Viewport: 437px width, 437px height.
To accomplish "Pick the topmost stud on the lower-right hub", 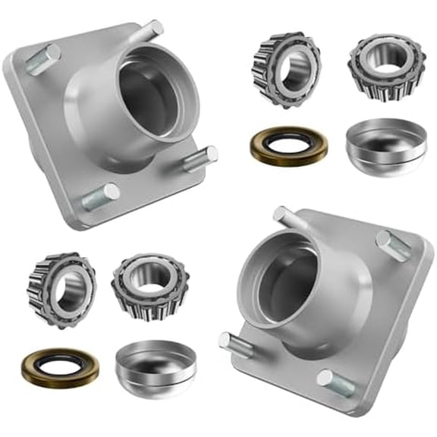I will pyautogui.click(x=287, y=217).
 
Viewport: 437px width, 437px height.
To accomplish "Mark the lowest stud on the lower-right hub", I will pyautogui.click(x=335, y=379).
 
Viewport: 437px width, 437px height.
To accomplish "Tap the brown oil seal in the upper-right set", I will pyautogui.click(x=288, y=146).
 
